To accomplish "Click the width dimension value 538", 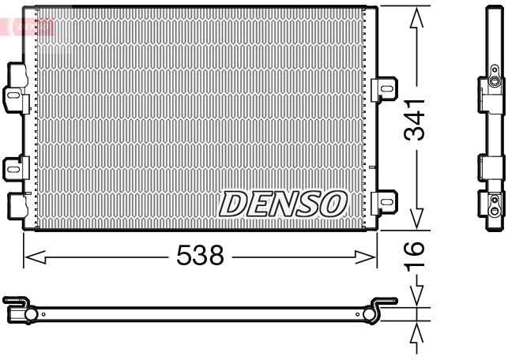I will tap(201, 256).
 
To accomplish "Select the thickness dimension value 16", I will tap(416, 256).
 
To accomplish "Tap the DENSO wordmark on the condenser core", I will tap(283, 204).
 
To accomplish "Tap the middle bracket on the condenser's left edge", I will tap(16, 167).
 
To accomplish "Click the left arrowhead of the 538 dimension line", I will tap(30, 256).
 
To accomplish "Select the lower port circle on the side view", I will tap(494, 210).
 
